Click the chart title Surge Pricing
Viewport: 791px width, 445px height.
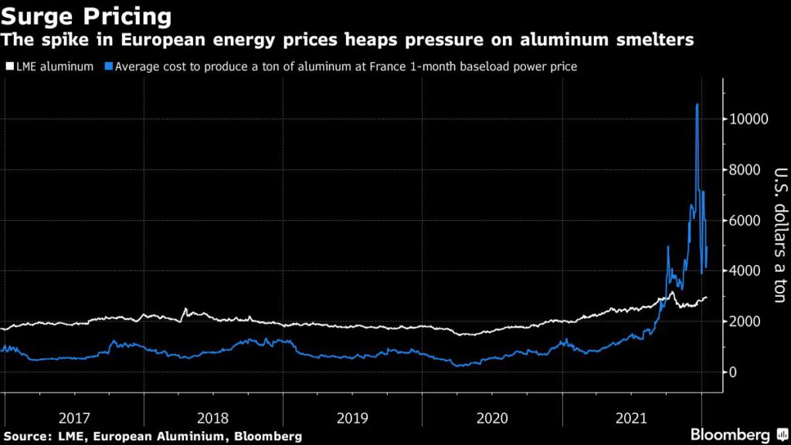tap(86, 15)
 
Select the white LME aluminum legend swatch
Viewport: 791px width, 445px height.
tap(8, 67)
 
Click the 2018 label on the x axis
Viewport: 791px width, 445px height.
tap(213, 418)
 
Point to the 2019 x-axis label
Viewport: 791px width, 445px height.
tap(353, 418)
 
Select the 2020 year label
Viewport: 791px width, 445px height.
tap(492, 418)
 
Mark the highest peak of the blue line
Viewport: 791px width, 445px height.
tap(698, 104)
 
